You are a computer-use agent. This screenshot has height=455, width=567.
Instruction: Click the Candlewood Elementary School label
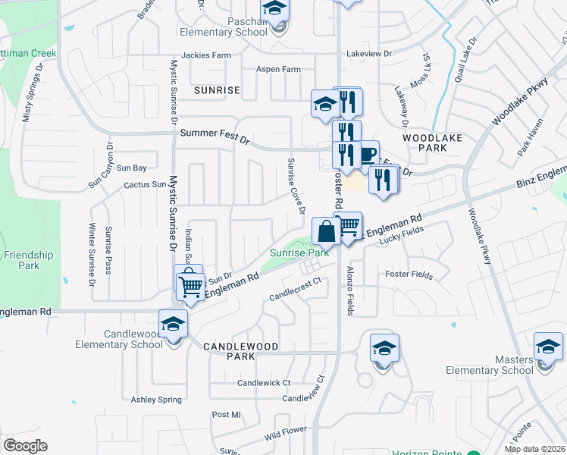(119, 339)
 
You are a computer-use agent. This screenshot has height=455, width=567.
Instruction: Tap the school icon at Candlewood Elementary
(174, 322)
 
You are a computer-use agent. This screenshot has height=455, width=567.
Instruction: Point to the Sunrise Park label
(300, 253)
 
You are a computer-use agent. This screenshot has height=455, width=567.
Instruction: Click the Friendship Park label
(30, 260)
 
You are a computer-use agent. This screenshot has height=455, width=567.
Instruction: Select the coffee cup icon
(368, 155)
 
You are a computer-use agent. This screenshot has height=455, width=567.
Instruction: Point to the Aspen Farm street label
(280, 69)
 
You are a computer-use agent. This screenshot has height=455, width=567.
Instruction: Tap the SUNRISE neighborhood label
(217, 90)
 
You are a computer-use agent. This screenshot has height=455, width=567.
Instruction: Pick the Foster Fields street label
(409, 274)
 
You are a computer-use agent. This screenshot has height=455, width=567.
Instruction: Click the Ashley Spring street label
(155, 400)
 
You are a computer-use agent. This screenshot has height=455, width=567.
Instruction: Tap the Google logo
(25, 446)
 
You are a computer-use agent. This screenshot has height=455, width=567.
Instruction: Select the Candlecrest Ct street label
(296, 280)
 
